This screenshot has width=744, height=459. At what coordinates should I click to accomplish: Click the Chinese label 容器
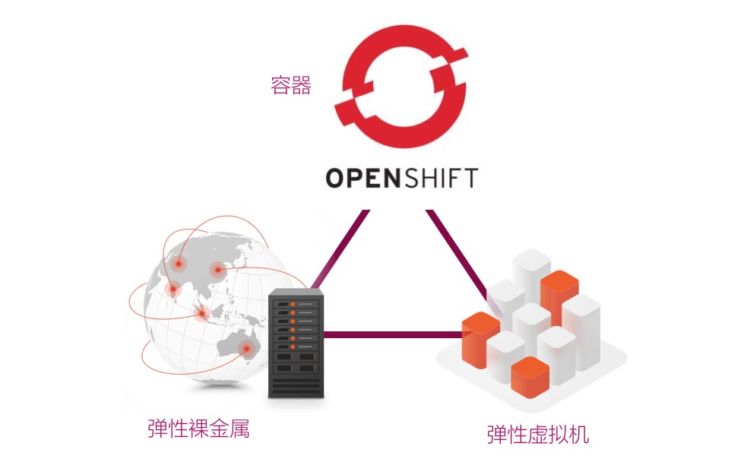click(x=291, y=85)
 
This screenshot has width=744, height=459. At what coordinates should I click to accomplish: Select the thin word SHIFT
click(x=440, y=178)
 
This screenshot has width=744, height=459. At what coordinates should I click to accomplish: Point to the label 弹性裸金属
click(x=198, y=428)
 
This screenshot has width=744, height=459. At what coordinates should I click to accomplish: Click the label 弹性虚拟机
click(x=537, y=435)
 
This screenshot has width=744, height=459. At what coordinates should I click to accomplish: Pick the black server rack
click(x=296, y=343)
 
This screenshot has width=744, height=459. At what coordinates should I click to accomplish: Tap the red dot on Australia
click(x=246, y=349)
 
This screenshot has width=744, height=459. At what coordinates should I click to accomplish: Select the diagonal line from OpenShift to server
click(x=339, y=249)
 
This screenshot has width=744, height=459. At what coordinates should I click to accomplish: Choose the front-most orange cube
click(x=530, y=378)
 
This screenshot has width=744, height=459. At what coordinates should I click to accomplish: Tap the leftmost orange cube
click(x=480, y=340)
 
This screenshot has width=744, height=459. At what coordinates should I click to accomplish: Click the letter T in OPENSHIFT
click(x=470, y=178)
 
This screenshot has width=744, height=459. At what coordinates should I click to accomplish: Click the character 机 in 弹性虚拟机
click(x=579, y=435)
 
